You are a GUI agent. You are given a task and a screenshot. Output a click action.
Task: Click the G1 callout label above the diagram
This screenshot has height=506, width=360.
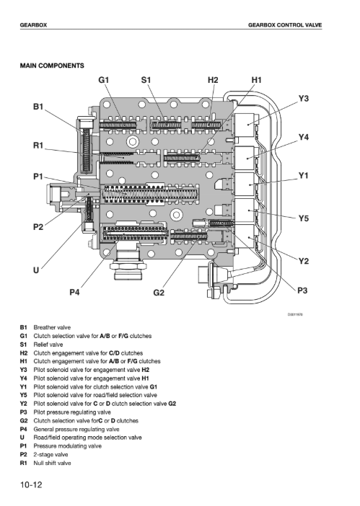click(104, 80)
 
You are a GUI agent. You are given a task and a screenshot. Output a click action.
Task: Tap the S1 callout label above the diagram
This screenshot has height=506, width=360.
click(146, 80)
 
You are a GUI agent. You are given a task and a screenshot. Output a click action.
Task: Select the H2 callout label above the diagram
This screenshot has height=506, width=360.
click(213, 80)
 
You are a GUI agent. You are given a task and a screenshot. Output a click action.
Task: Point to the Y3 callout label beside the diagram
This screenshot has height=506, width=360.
click(303, 99)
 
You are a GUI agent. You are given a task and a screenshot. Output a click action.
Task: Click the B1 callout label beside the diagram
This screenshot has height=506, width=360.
click(38, 107)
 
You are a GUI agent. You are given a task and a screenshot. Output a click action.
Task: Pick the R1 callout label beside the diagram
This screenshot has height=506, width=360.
click(38, 146)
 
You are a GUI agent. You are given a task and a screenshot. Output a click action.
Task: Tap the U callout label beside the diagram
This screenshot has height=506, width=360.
click(36, 270)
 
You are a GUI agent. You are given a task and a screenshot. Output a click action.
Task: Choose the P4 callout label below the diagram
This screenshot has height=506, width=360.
click(74, 292)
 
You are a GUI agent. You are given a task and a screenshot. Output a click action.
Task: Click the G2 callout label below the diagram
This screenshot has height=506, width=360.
click(159, 293)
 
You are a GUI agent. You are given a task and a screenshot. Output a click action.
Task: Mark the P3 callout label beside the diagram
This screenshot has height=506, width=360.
click(302, 290)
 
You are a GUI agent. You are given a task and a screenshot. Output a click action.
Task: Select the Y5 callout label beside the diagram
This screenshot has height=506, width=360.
click(303, 219)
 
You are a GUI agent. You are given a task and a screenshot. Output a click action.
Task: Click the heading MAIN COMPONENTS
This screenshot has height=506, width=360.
click(52, 66)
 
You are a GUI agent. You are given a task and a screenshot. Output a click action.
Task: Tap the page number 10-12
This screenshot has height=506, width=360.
click(31, 484)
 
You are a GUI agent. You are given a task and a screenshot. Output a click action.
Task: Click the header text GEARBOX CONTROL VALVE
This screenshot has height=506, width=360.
click(285, 25)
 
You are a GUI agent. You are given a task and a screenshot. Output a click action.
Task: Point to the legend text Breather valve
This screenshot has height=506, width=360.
click(52, 327)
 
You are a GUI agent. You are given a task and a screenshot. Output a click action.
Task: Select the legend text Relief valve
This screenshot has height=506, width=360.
click(48, 345)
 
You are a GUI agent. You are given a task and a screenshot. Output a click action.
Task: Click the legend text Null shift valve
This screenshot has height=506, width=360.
click(53, 463)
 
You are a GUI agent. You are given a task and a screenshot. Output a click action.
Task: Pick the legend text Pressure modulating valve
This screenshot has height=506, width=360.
click(68, 446)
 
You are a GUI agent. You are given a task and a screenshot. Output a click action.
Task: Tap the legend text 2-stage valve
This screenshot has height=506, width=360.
click(51, 455)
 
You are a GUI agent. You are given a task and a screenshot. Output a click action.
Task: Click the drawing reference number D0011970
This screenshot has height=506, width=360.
click(295, 314)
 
